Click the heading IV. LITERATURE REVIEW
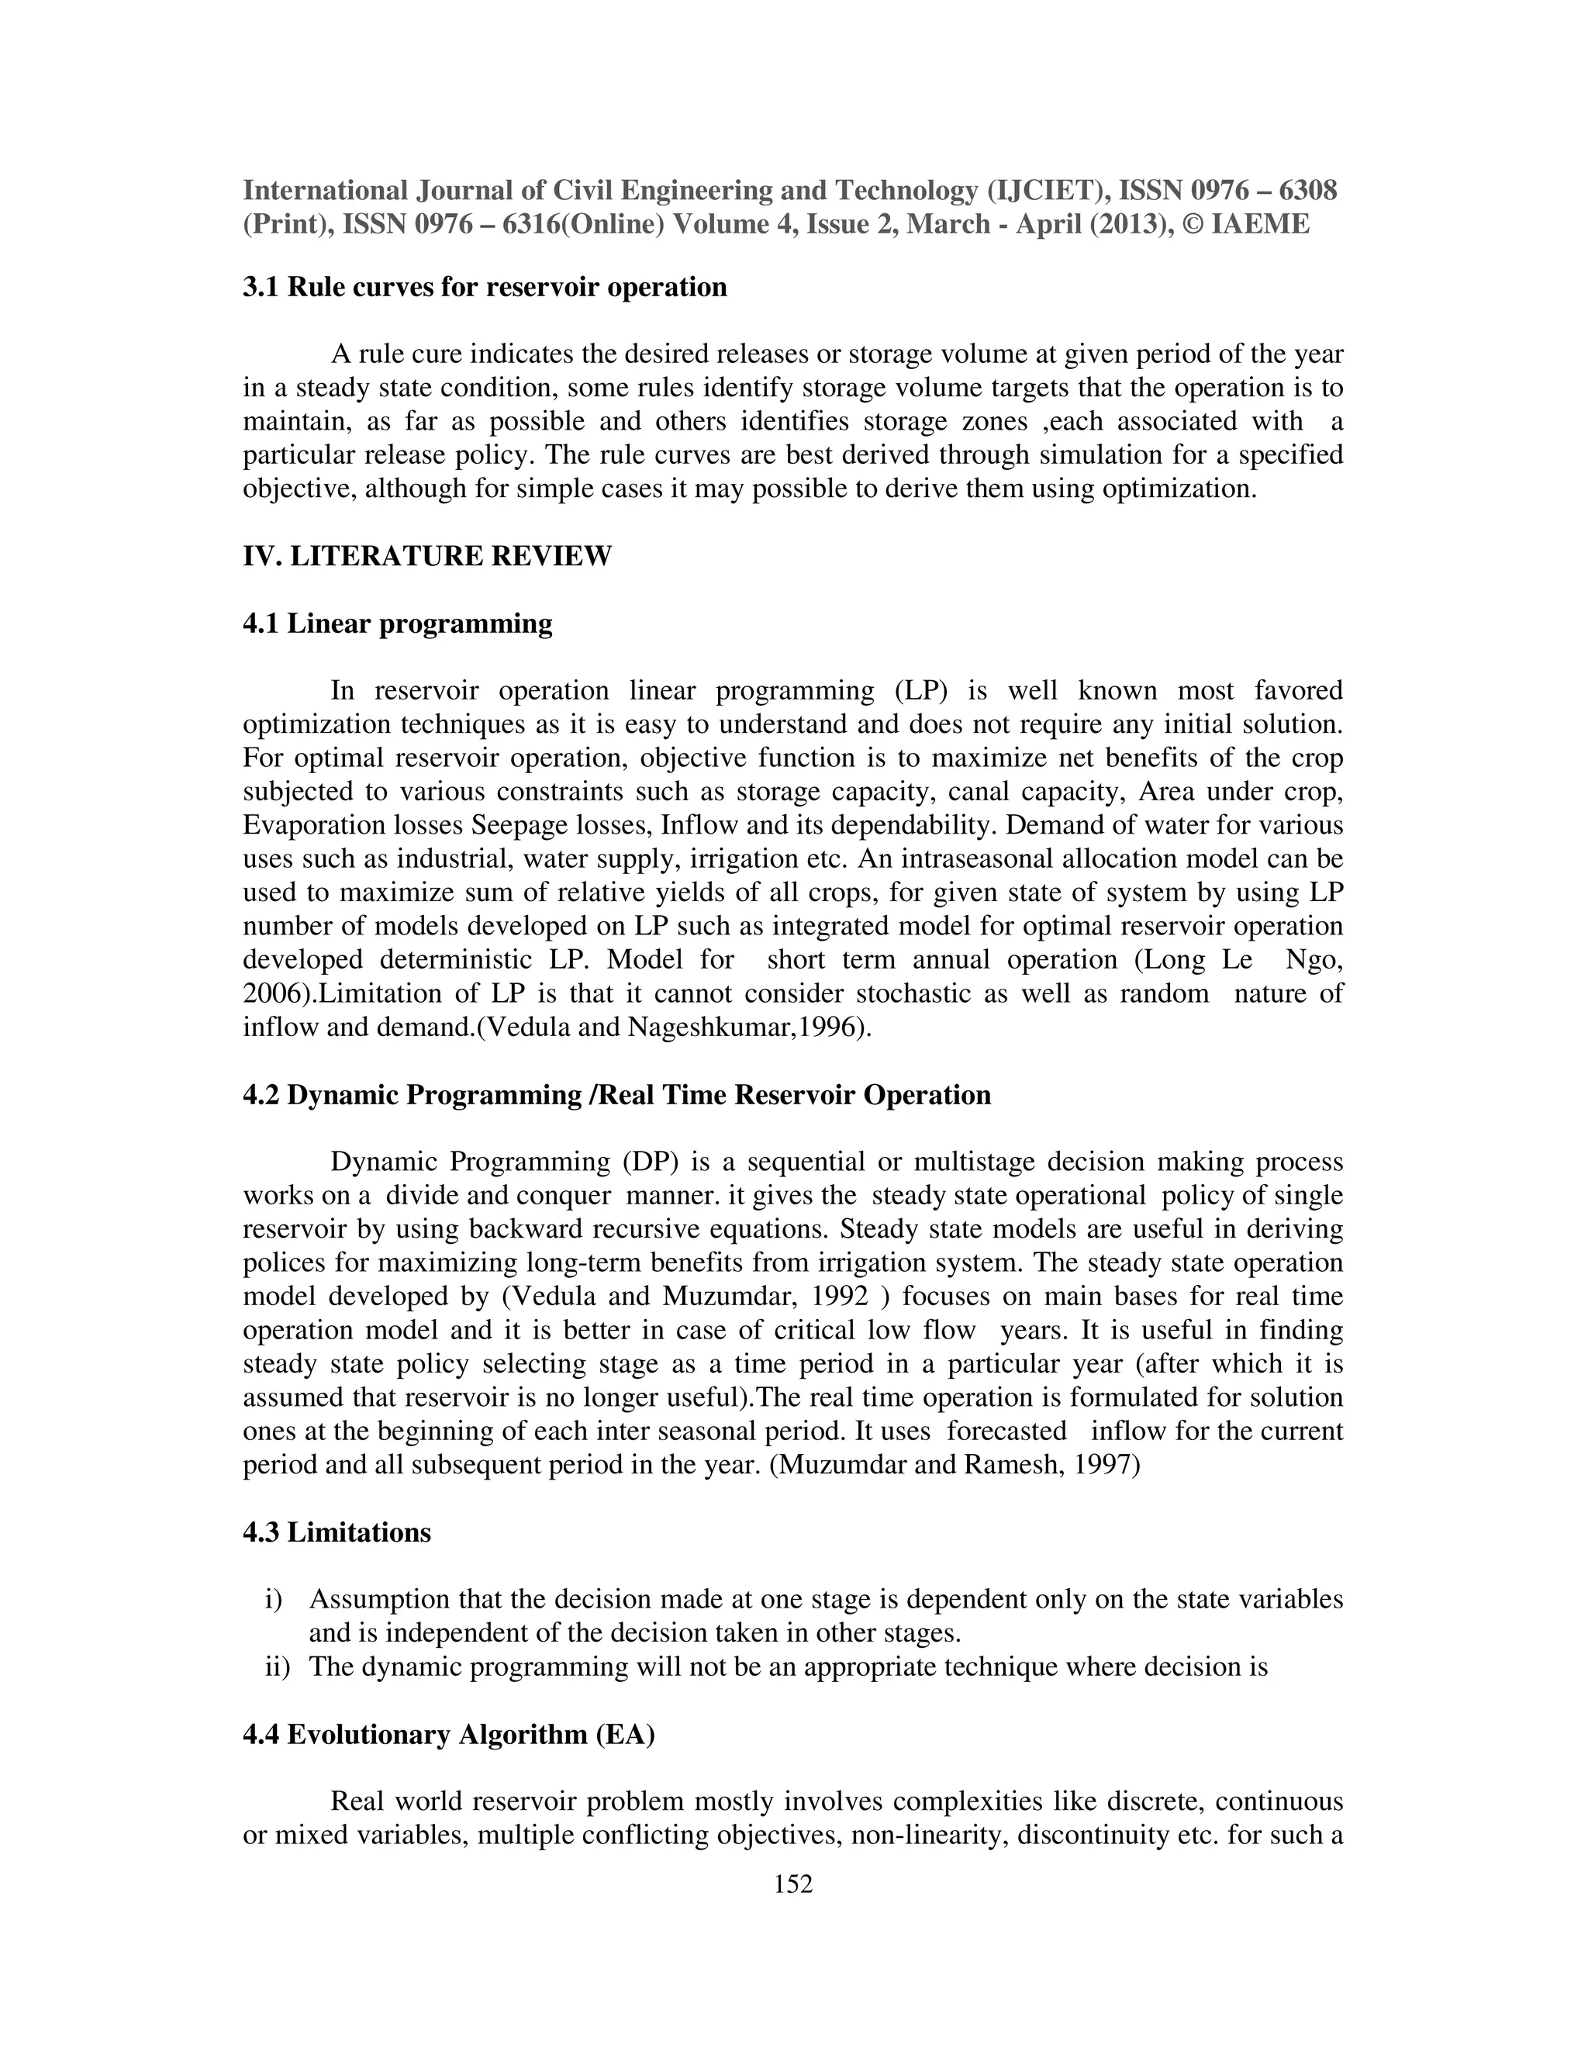427,556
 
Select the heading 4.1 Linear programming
397,623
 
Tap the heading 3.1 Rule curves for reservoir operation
485,287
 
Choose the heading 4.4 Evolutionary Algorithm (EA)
449,1734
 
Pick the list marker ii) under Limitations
277,1667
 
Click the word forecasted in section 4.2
1006,1432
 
